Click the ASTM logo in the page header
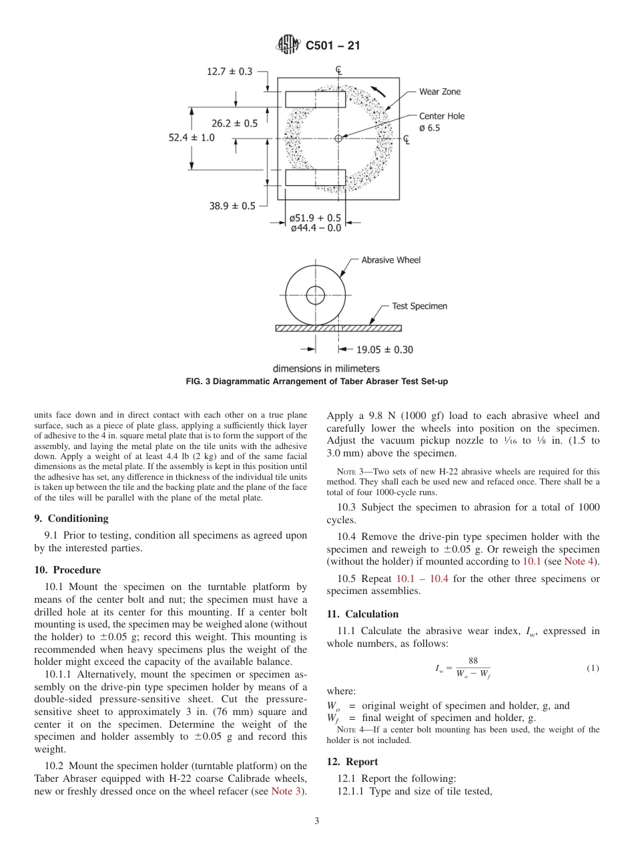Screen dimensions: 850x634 (289, 45)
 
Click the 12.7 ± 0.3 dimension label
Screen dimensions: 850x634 (230, 72)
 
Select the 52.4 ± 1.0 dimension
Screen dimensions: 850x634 (192, 137)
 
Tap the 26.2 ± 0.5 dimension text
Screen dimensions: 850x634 (234, 123)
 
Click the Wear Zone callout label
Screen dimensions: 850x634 (439, 92)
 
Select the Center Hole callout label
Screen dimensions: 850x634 (442, 116)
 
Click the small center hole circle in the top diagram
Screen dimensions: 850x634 (338, 138)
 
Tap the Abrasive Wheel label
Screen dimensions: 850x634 (391, 260)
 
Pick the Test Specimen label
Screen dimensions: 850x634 (419, 306)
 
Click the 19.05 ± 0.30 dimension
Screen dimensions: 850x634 (384, 349)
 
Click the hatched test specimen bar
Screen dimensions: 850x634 (338, 328)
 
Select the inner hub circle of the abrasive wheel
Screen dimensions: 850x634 (315, 295)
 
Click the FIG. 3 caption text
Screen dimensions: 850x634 (316, 381)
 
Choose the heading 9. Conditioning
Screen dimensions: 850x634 (71, 519)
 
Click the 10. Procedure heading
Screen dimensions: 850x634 (67, 570)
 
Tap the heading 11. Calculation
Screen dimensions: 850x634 (362, 614)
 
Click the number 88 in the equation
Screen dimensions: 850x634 (473, 661)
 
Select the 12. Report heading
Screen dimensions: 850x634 (352, 762)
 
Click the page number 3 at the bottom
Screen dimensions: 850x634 (317, 821)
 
